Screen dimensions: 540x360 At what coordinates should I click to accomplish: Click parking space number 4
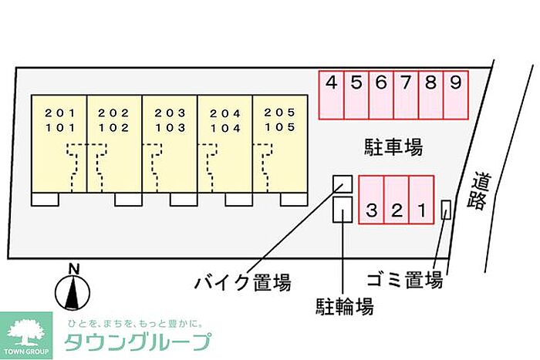tap(332, 82)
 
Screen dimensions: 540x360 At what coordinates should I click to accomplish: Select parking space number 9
tap(455, 82)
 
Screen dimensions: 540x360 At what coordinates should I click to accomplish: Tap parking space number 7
tap(406, 82)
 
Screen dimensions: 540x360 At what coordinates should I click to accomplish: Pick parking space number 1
tap(422, 209)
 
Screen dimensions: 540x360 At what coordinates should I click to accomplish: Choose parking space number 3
tap(372, 209)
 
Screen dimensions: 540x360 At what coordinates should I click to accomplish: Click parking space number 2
tap(397, 209)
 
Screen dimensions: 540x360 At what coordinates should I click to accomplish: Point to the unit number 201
tap(58, 113)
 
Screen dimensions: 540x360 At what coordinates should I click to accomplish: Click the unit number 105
tap(279, 127)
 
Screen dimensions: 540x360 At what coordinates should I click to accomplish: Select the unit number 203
tap(169, 113)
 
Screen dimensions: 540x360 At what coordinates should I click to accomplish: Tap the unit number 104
tap(224, 127)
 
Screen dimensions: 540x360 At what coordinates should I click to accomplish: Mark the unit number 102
tap(113, 127)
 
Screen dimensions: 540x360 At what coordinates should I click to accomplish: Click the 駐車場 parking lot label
tap(393, 146)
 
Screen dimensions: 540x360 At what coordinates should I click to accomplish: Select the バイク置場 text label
tap(242, 283)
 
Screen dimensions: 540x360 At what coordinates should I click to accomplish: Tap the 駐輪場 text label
tap(346, 308)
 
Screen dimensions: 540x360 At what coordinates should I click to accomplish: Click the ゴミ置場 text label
tap(404, 279)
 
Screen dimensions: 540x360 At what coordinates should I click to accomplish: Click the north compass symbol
tap(73, 289)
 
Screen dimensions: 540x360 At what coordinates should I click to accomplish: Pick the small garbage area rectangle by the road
tap(446, 210)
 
